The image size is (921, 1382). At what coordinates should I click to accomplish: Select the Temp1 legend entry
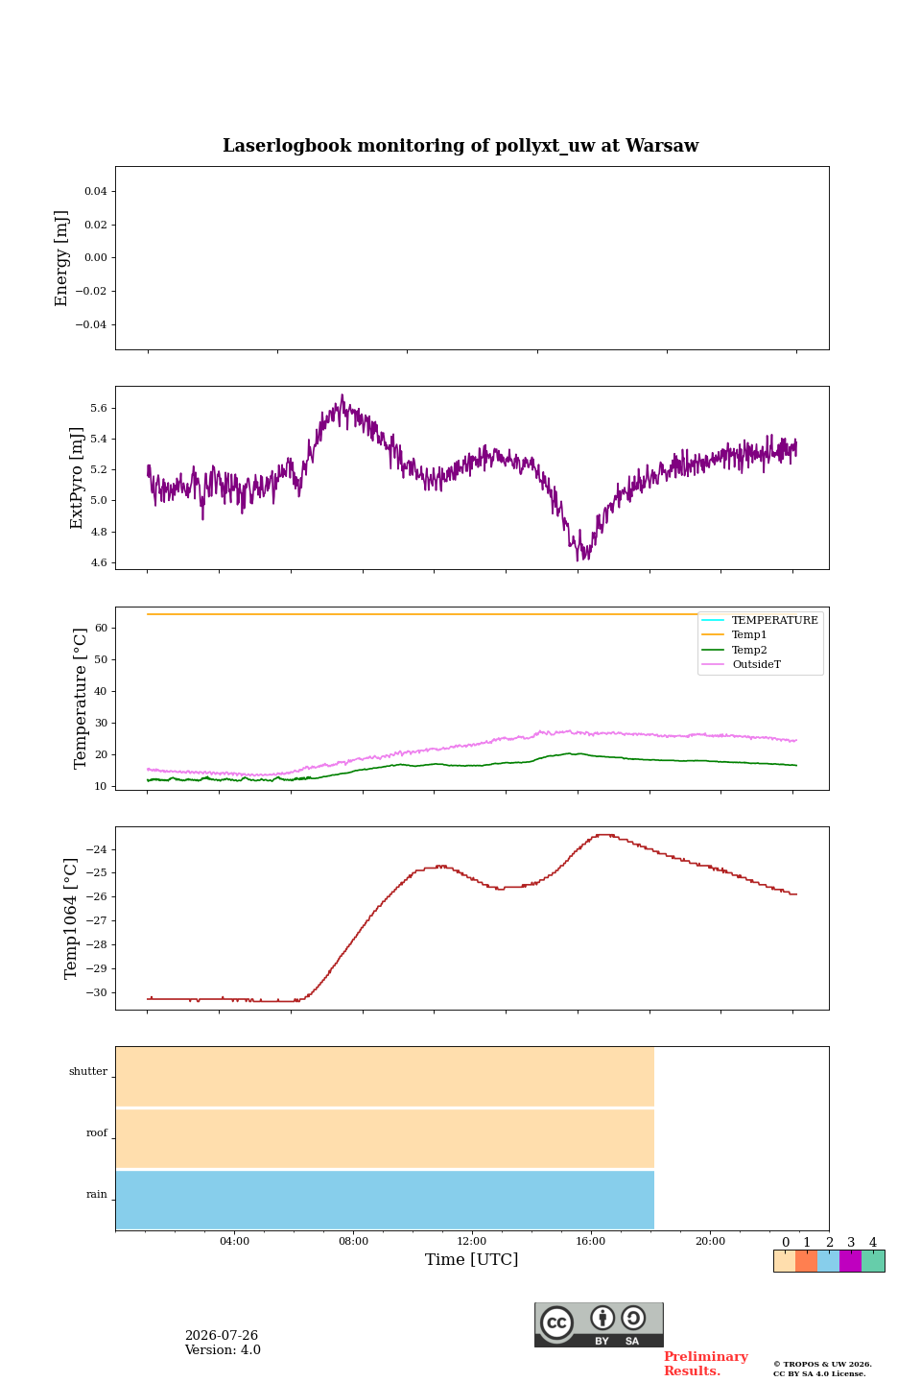749,635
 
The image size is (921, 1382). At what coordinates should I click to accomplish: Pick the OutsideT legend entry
756,664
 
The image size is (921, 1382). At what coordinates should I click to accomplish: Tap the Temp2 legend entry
749,650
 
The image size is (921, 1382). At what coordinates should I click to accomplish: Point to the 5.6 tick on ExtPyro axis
99,409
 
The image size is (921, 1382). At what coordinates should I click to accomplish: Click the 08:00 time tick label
353,1241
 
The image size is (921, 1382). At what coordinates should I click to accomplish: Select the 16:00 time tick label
591,1241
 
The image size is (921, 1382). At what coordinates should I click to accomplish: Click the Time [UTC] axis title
472,1259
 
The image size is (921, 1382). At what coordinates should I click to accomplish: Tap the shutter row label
88,1071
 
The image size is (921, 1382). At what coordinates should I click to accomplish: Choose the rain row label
97,1194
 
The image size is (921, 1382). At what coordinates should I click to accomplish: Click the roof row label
97,1132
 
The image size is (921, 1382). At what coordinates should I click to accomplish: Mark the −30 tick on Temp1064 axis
96,992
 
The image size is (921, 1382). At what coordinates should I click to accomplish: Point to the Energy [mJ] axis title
61,258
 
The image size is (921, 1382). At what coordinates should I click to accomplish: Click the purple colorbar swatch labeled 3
850,1260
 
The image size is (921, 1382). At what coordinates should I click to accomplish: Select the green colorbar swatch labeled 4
873,1260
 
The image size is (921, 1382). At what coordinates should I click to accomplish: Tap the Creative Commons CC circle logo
556,1322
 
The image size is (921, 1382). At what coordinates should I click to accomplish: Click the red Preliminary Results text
706,1363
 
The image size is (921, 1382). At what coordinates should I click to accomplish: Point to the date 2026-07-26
222,1335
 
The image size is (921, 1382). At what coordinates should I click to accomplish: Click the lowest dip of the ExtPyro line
578,560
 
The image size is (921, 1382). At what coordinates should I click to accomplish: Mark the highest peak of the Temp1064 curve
605,835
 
